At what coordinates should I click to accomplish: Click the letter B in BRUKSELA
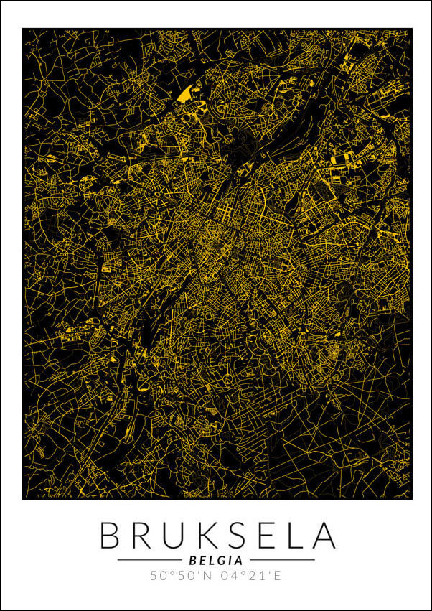point(111,536)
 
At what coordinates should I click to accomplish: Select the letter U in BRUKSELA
point(173,536)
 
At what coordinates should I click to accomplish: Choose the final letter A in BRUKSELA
point(321,536)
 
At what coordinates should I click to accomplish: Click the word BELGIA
point(215,559)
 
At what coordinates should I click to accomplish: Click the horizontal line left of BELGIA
point(149,559)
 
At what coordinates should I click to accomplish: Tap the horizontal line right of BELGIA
point(282,559)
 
